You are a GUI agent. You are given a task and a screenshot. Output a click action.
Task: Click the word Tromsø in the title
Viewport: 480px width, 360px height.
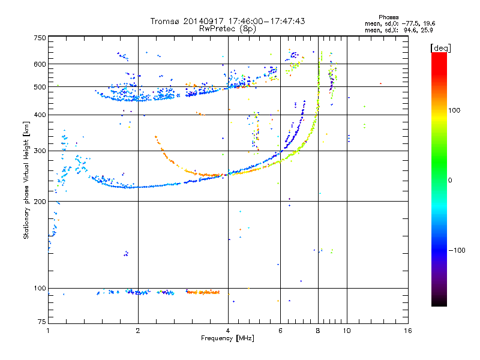pyautogui.click(x=164, y=21)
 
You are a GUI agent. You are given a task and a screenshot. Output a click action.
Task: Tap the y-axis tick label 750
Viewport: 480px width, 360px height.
pyautogui.click(x=39, y=38)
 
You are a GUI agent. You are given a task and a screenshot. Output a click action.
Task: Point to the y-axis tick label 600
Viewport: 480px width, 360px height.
pyautogui.click(x=39, y=64)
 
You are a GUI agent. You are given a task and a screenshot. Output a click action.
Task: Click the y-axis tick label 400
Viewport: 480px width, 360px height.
pyautogui.click(x=39, y=115)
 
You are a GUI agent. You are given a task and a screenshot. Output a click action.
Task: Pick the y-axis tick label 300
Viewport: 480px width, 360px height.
pyautogui.click(x=39, y=151)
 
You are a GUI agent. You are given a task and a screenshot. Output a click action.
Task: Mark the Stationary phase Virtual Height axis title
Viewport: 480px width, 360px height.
pyautogui.click(x=26, y=181)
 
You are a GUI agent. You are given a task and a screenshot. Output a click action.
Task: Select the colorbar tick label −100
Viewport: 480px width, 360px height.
pyautogui.click(x=456, y=250)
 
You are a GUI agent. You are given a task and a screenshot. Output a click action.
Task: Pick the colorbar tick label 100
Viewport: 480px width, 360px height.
pyautogui.click(x=454, y=110)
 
